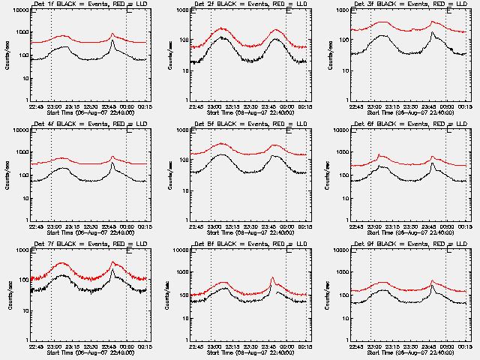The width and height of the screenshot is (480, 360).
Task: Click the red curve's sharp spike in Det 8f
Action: [272, 279]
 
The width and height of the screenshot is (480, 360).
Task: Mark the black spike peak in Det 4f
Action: [112, 163]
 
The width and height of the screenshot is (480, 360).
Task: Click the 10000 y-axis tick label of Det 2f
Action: [179, 11]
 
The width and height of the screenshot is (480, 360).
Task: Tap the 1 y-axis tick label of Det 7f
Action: [23, 340]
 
